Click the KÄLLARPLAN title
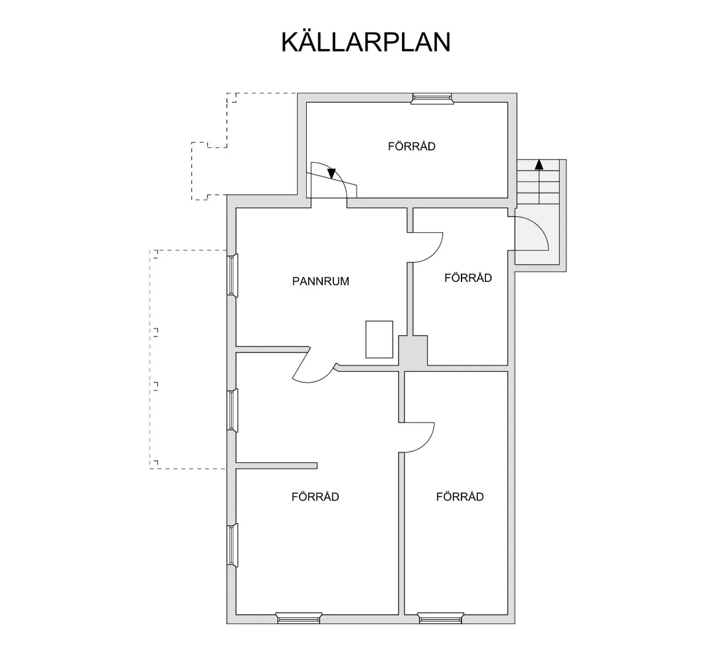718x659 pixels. pos(366,42)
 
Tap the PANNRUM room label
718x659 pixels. pos(320,281)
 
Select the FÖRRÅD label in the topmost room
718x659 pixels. pos(411,146)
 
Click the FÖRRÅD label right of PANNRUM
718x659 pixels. pos(468,278)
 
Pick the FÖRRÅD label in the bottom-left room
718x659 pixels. pos(315,496)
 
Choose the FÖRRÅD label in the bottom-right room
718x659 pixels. pos(460,496)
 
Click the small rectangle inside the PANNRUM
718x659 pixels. pos(379,339)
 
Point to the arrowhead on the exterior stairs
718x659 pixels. pos(539,164)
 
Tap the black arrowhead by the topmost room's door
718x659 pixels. pos(332,173)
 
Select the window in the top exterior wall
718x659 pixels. pos(431,98)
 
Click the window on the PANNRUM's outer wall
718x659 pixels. pos(232,275)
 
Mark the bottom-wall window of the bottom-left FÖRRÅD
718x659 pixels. pos(298,617)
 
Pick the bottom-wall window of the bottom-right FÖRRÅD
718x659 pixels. pos(440,617)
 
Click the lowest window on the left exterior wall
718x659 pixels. pos(232,544)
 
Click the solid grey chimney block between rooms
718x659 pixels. pos(413,353)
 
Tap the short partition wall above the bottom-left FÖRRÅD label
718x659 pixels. pos(276,465)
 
